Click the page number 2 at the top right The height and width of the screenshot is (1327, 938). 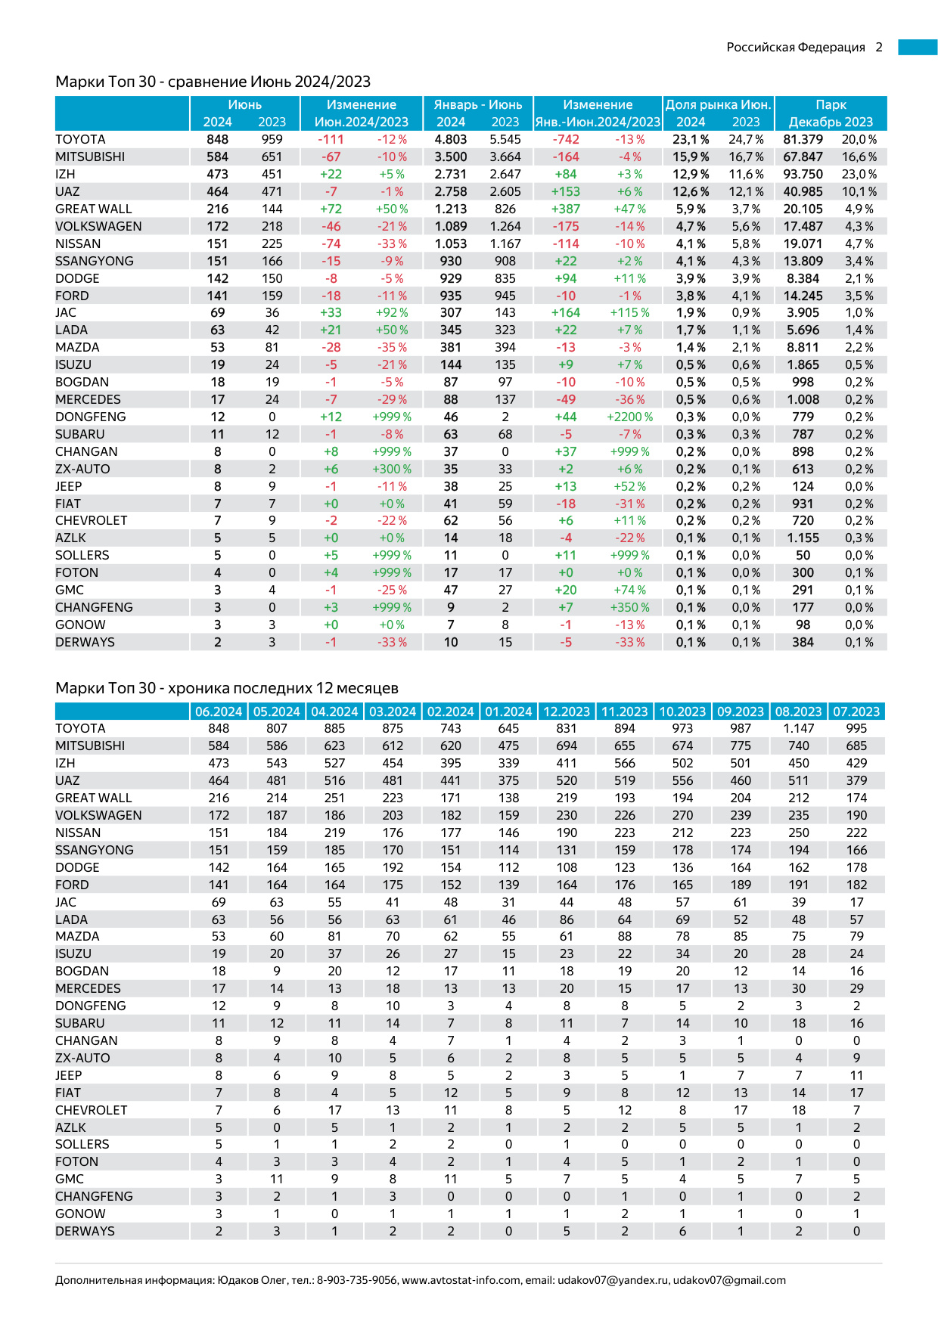tap(879, 48)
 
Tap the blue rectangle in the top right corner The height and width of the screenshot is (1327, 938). tap(918, 48)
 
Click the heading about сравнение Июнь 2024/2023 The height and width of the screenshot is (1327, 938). tap(213, 82)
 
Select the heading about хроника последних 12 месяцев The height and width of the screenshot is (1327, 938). tap(227, 688)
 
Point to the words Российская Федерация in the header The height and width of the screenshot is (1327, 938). tap(796, 48)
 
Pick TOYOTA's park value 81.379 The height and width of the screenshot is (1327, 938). tap(803, 140)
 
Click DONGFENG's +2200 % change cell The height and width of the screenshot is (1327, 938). tap(629, 417)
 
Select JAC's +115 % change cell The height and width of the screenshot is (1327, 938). tap(629, 313)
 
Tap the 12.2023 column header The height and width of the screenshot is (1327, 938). tap(567, 712)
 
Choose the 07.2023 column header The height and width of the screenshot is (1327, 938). tap(856, 712)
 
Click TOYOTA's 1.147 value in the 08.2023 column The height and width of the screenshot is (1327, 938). tap(799, 729)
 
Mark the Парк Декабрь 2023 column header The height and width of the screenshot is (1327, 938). tap(831, 113)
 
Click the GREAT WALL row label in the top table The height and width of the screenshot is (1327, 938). tap(94, 209)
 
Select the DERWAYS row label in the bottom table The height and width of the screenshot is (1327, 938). tap(85, 1232)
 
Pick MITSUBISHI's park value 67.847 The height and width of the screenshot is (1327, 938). tap(803, 157)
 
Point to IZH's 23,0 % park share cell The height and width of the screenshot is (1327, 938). tap(859, 175)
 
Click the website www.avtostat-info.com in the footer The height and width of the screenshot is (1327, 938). tap(461, 1281)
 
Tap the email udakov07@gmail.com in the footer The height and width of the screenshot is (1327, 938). tap(729, 1281)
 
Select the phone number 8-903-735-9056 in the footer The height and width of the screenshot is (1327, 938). tap(356, 1281)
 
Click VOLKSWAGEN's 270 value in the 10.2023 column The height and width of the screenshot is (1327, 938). tap(682, 816)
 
